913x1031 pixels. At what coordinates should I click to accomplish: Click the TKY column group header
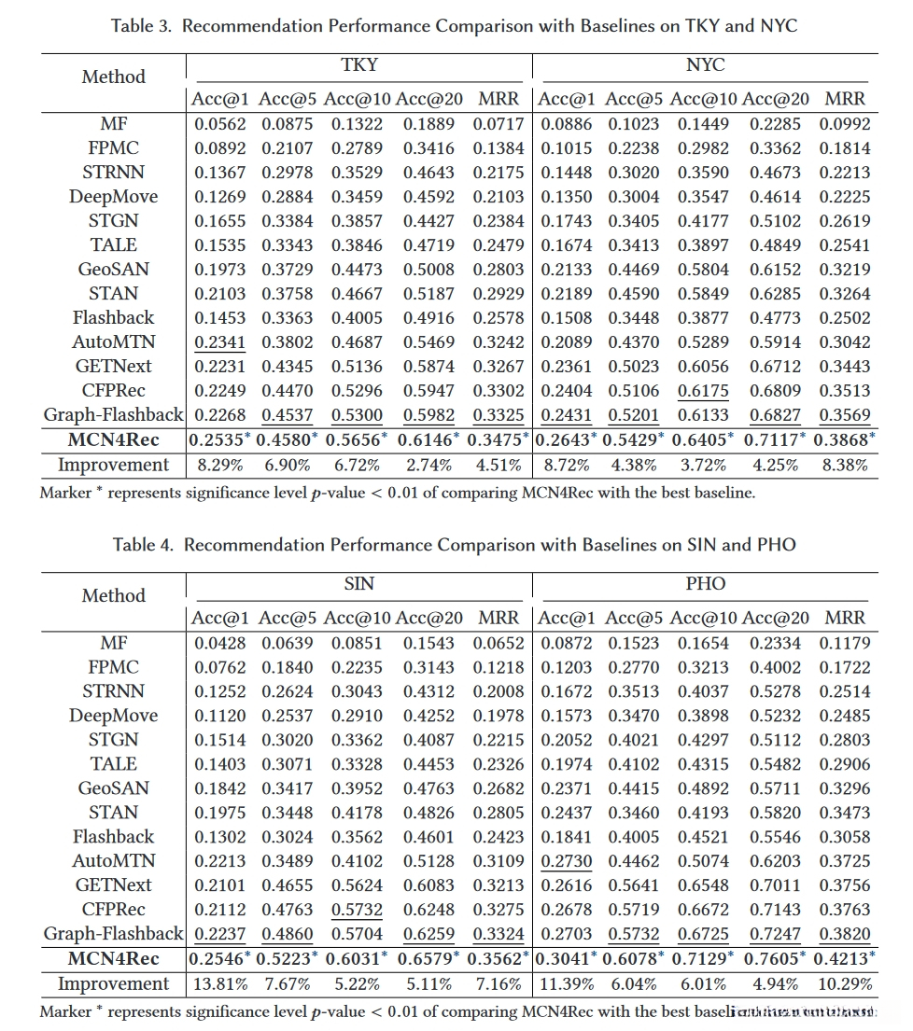pyautogui.click(x=359, y=65)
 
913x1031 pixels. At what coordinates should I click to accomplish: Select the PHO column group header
pyautogui.click(x=705, y=584)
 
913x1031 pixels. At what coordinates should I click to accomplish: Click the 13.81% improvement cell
pyautogui.click(x=220, y=983)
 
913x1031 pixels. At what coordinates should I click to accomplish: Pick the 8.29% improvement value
pyautogui.click(x=220, y=465)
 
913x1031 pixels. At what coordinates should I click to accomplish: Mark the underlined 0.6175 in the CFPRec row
pyautogui.click(x=703, y=391)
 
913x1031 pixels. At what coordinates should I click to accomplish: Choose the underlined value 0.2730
pyautogui.click(x=567, y=861)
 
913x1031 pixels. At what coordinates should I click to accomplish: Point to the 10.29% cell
pyautogui.click(x=845, y=983)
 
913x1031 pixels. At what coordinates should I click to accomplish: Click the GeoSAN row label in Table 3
pyautogui.click(x=114, y=270)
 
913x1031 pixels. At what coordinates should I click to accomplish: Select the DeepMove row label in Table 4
pyautogui.click(x=114, y=716)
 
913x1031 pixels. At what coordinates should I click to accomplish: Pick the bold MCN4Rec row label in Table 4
pyautogui.click(x=114, y=958)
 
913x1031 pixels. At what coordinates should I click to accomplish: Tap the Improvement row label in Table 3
pyautogui.click(x=114, y=465)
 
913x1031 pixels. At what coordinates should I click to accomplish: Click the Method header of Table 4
pyautogui.click(x=114, y=595)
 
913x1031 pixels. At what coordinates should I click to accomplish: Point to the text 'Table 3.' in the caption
pyautogui.click(x=142, y=26)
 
